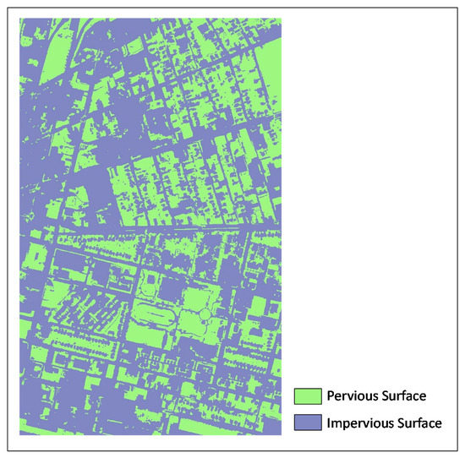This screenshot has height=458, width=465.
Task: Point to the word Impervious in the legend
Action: [x=361, y=423]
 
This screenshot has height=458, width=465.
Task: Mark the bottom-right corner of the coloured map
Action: [x=281, y=433]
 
